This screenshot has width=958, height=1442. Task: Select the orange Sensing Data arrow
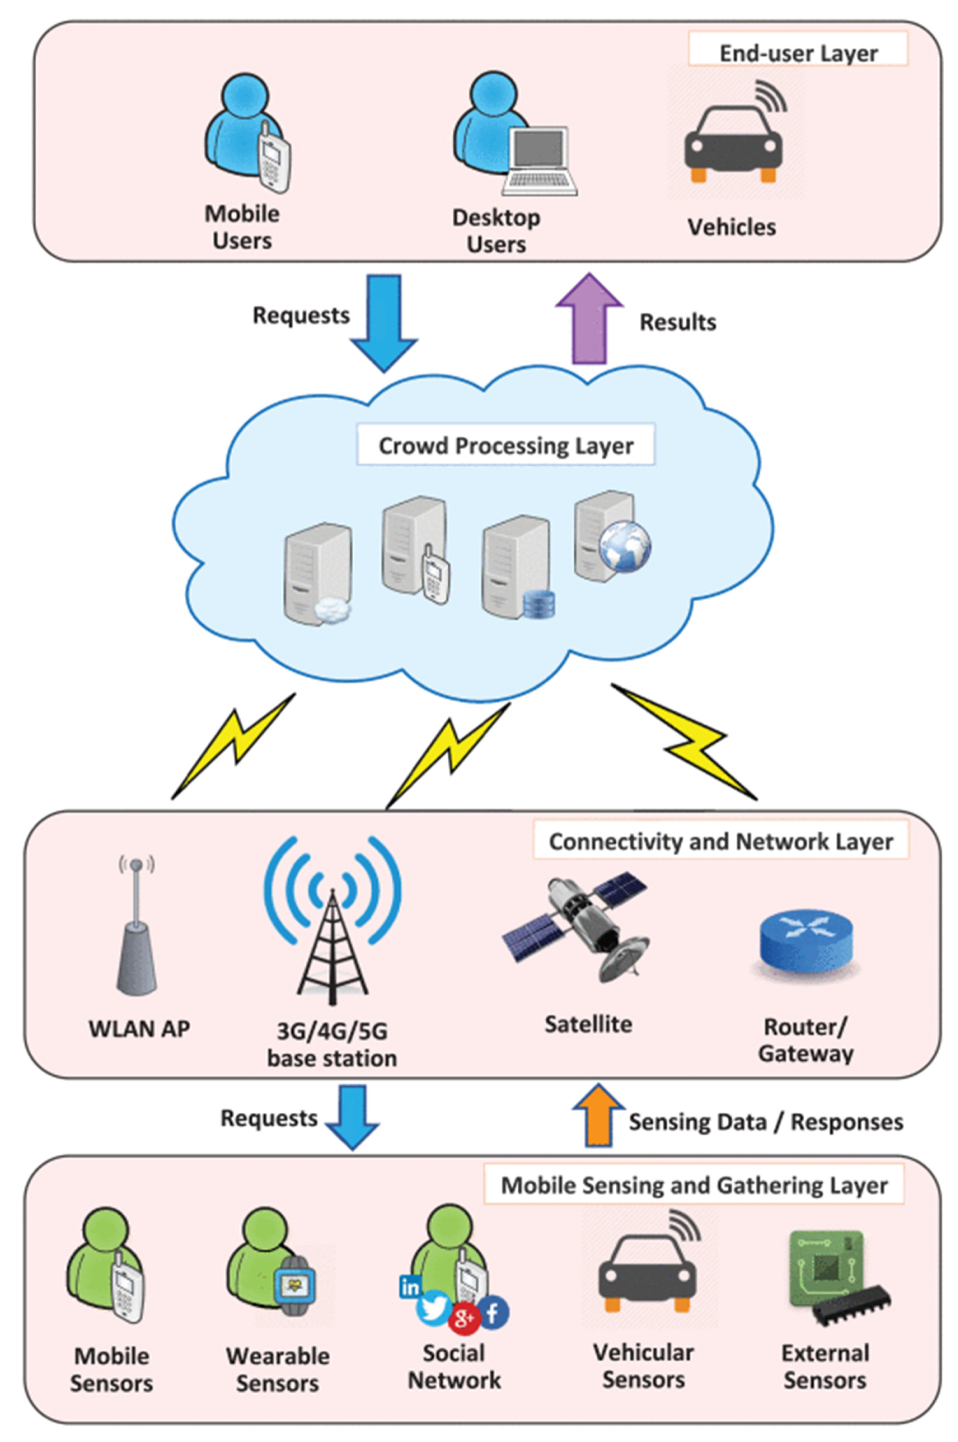point(598,1116)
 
